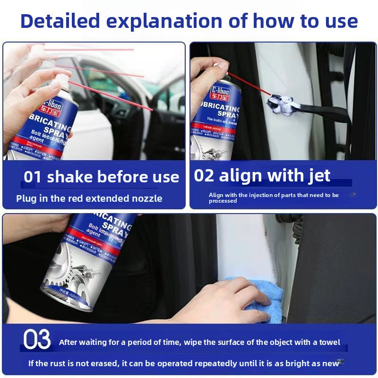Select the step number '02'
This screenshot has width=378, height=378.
coord(204,175)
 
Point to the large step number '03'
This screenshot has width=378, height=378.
coord(37,341)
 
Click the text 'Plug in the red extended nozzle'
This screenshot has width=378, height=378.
coord(89,198)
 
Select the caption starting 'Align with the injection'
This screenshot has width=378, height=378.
coord(274,198)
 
